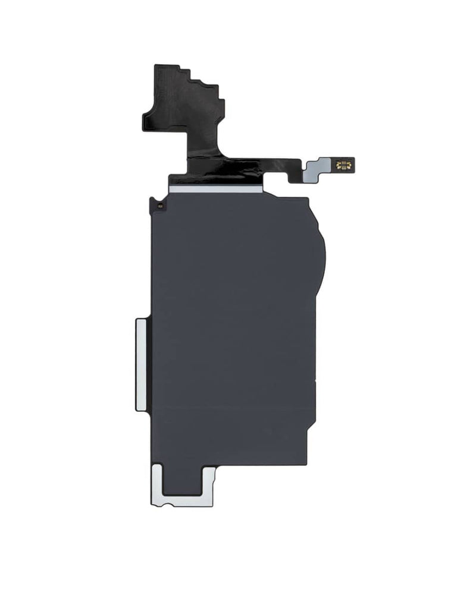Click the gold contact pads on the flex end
[345, 165]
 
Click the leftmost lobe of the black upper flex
[151, 119]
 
